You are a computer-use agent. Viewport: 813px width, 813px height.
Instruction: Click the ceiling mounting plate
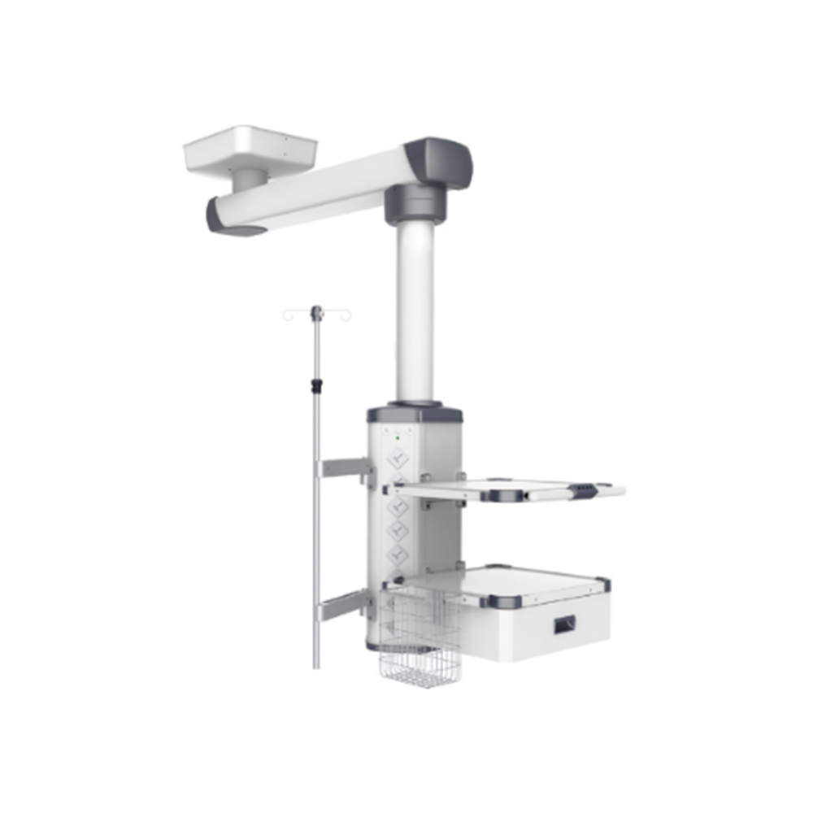tap(250, 150)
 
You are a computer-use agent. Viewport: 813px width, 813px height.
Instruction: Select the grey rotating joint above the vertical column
tap(415, 204)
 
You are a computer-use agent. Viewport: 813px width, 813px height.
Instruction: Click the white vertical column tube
tap(415, 313)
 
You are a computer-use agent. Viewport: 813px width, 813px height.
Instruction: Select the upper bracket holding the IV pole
tap(344, 468)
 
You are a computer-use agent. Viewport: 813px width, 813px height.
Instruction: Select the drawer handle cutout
tap(564, 624)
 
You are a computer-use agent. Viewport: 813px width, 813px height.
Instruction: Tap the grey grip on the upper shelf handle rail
tap(581, 490)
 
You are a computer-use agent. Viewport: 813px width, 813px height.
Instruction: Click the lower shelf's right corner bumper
tap(602, 584)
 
